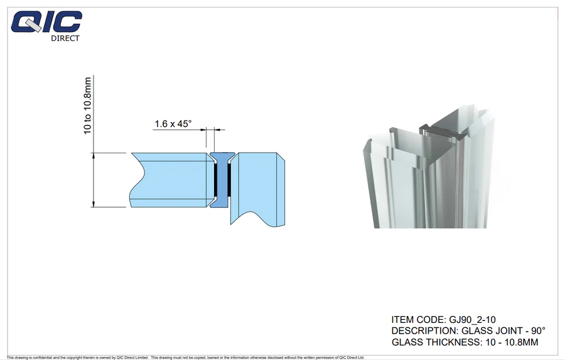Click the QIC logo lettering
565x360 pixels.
(x=47, y=23)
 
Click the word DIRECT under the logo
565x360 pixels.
(x=65, y=38)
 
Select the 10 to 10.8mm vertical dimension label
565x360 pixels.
(x=88, y=104)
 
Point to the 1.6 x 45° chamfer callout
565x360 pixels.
(x=173, y=124)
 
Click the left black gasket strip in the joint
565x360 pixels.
(x=216, y=179)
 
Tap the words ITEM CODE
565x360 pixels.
(x=417, y=320)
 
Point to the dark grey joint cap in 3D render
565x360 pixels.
(x=439, y=130)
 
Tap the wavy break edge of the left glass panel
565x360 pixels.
(x=135, y=180)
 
